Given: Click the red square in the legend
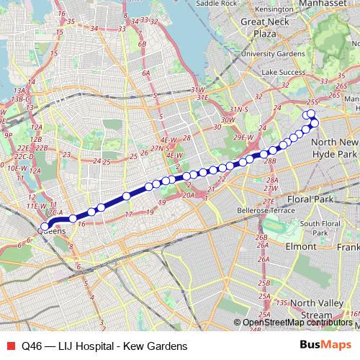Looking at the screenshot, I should click(x=9, y=346).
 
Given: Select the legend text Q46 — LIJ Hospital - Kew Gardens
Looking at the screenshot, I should click(x=104, y=346).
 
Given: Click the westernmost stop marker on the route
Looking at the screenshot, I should click(x=45, y=227).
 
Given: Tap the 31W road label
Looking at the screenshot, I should click(x=198, y=89).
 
